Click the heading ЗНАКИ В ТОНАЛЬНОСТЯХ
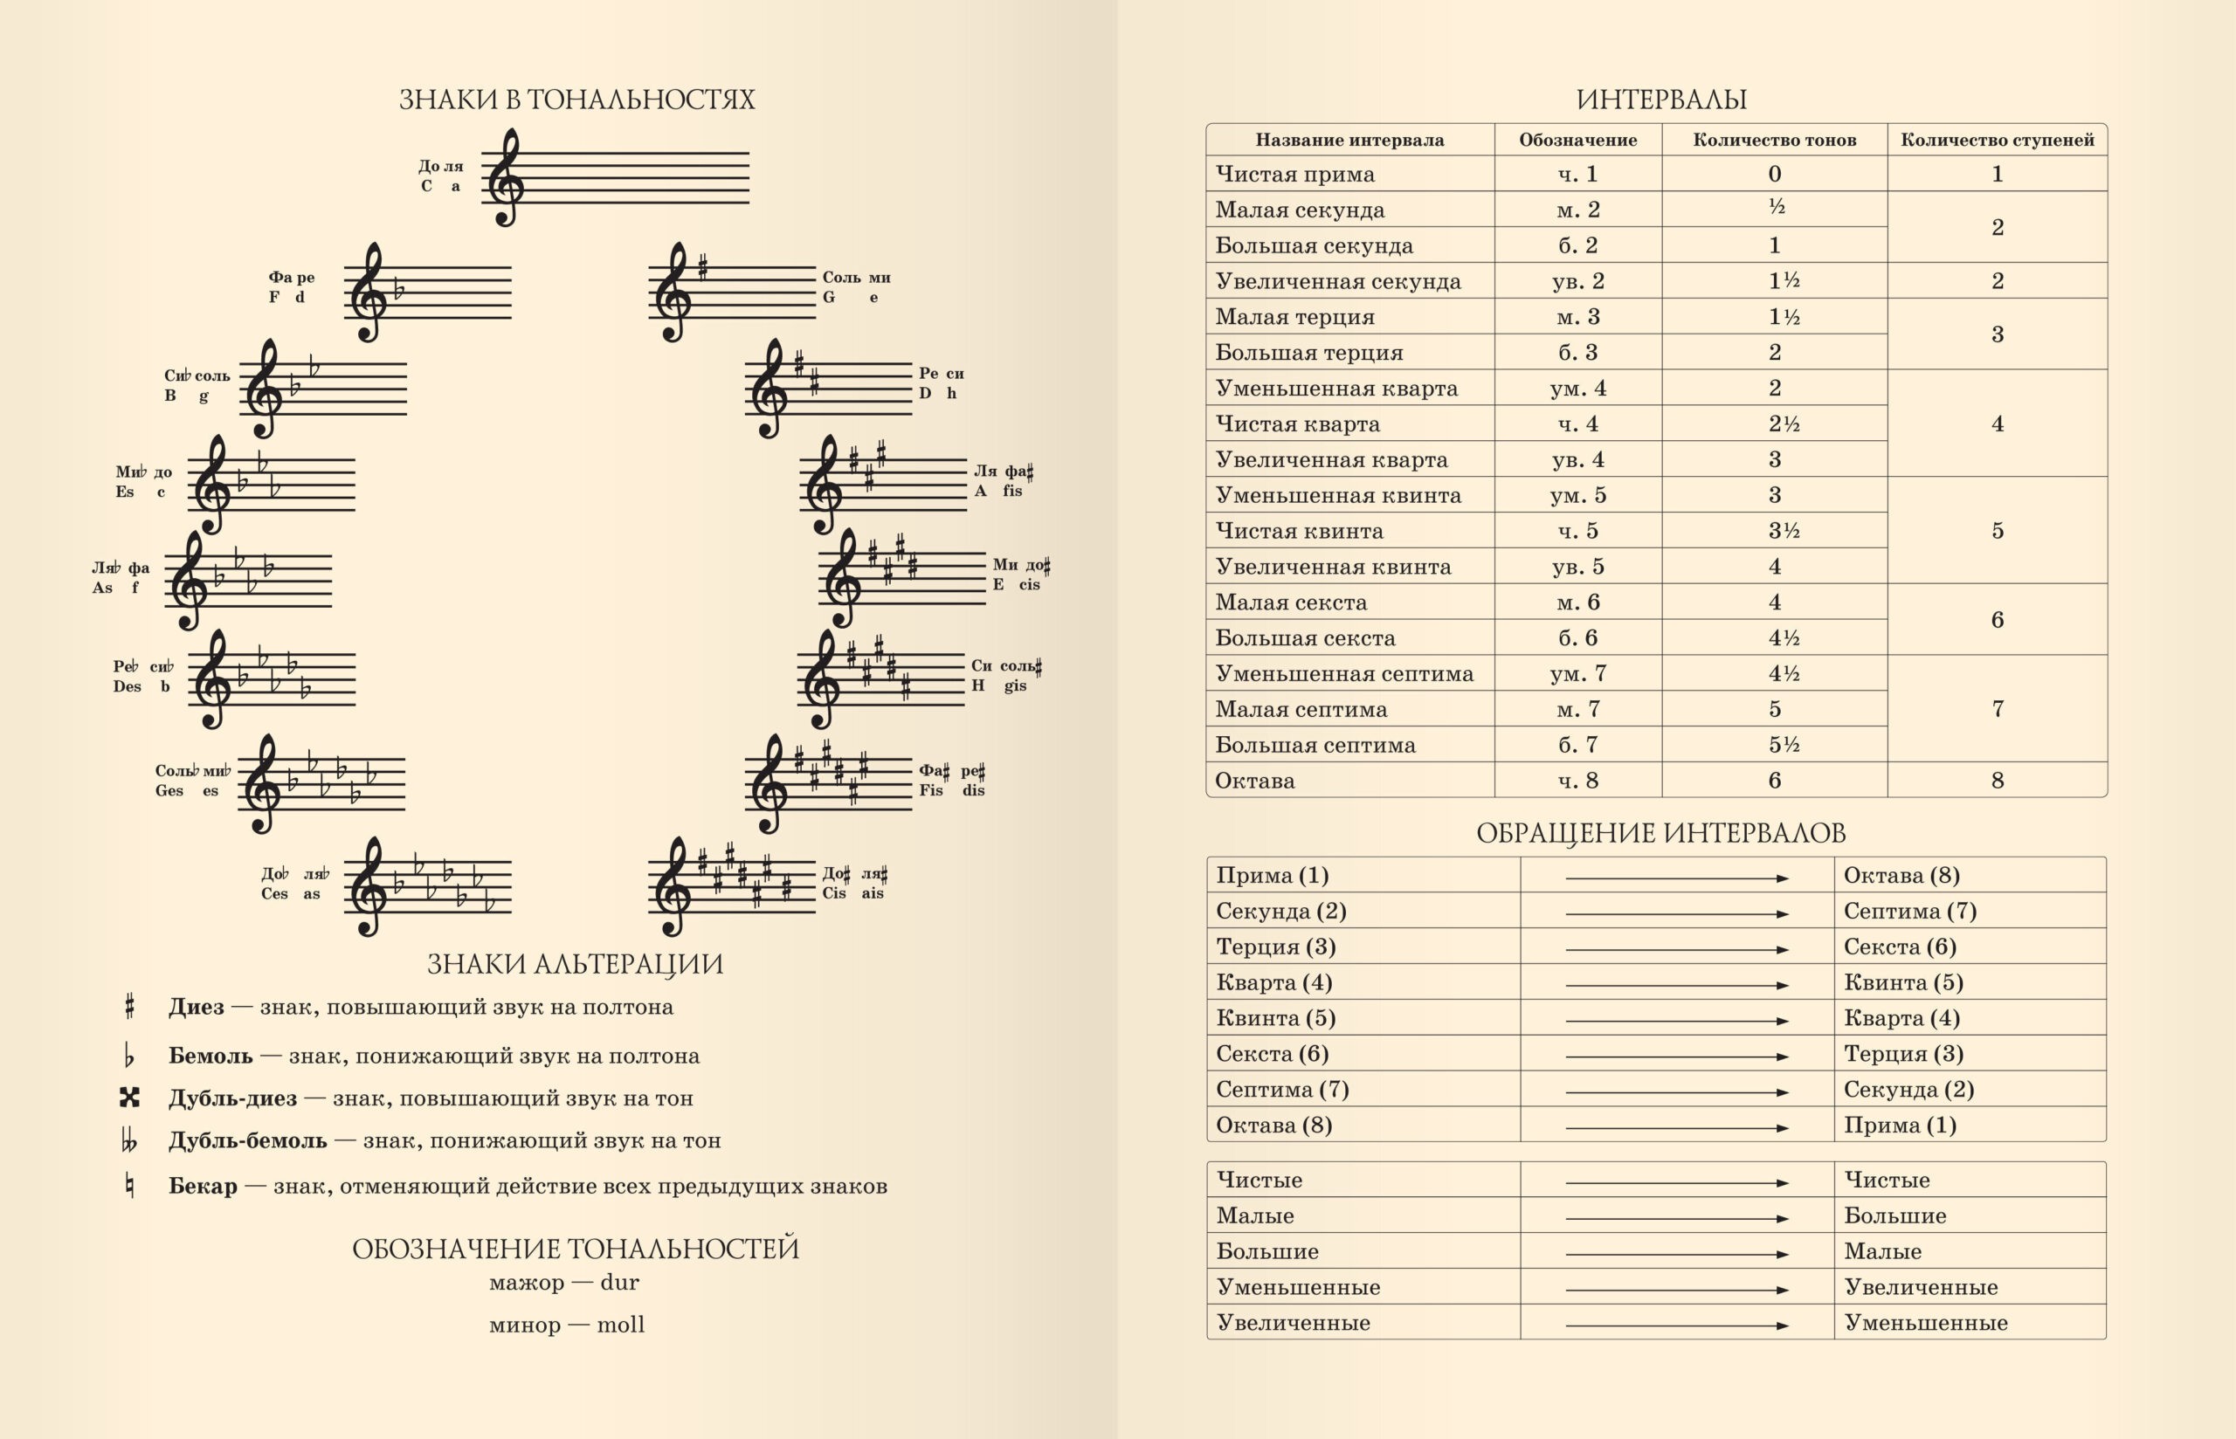576,99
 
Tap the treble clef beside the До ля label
506,177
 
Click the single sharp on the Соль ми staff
702,268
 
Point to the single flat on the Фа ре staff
399,291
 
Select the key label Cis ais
854,884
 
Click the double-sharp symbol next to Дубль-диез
130,1097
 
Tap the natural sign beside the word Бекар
130,1186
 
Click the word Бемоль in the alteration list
210,1056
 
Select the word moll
620,1324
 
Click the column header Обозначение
1577,141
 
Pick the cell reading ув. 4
1577,460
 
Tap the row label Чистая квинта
1299,531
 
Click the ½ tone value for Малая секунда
1777,208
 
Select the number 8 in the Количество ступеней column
1997,781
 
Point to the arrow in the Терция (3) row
1676,949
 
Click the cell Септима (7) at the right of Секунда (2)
1909,911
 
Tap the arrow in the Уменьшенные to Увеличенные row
1676,1290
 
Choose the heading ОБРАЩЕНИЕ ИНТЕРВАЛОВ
1660,832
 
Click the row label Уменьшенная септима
1343,674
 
